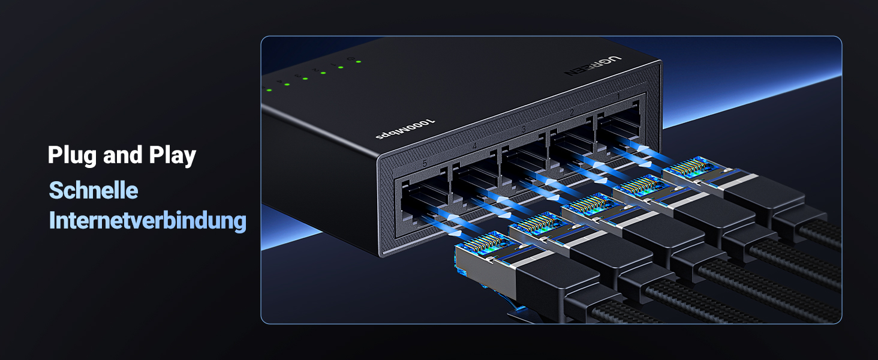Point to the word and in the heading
click(122, 155)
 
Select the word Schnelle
click(94, 190)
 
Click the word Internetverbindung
click(148, 221)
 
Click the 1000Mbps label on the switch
click(406, 129)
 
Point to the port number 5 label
click(425, 163)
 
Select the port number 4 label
click(474, 146)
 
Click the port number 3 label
click(524, 129)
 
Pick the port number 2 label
click(572, 113)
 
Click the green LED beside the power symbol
click(357, 61)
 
